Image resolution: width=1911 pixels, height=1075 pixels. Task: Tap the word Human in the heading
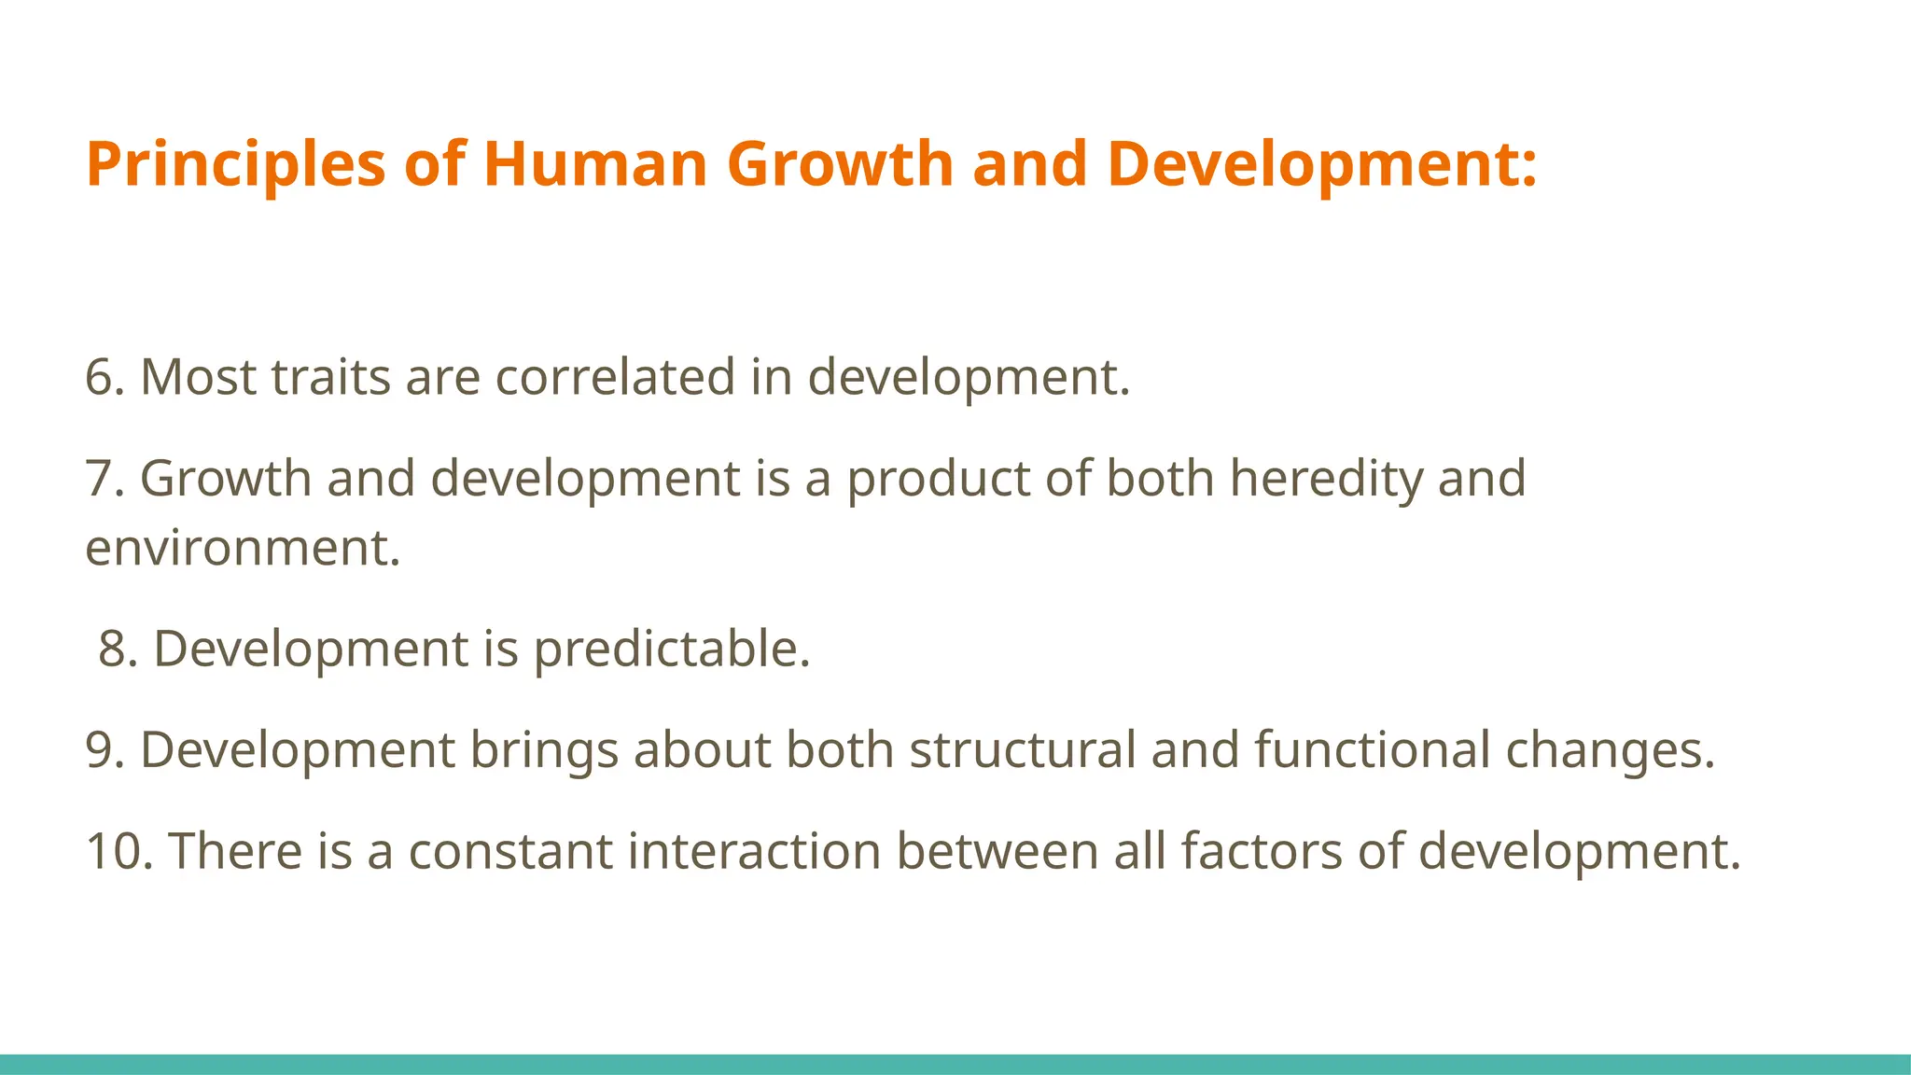click(595, 165)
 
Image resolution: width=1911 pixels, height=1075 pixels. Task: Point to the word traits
click(330, 378)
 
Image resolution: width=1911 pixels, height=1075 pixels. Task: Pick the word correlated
click(615, 378)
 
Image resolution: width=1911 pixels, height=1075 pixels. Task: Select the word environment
click(241, 549)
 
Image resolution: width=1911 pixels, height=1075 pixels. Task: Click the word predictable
click(670, 649)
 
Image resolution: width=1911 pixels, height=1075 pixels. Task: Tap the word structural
click(1023, 750)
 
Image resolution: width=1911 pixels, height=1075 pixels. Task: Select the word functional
click(1372, 750)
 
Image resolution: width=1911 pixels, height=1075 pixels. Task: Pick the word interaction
click(754, 852)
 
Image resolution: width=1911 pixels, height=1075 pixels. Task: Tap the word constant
click(509, 852)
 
